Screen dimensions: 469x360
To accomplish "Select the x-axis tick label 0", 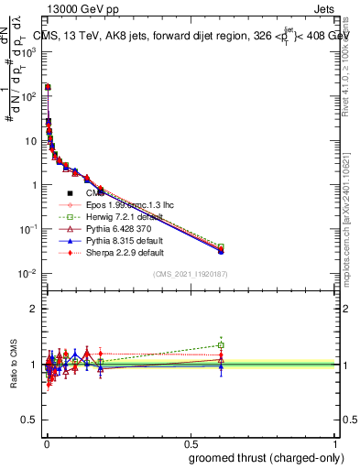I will (x=46, y=442).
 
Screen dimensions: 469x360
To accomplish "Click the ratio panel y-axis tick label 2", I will (x=34, y=309).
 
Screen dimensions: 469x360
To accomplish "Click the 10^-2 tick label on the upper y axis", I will (x=27, y=274).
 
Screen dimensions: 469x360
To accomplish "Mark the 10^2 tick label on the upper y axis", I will (x=28, y=95).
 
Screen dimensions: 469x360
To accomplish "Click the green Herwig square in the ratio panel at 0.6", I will (x=221, y=345).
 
